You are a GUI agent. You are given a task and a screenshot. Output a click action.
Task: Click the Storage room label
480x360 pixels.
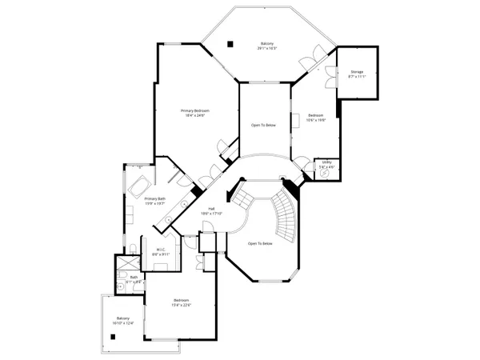pyautogui.click(x=357, y=72)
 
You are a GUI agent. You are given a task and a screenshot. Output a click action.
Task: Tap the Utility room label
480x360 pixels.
pyautogui.click(x=326, y=162)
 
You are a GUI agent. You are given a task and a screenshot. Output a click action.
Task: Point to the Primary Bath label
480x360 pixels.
pyautogui.click(x=155, y=198)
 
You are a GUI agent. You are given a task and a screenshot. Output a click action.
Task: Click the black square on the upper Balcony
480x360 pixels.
pyautogui.click(x=230, y=43)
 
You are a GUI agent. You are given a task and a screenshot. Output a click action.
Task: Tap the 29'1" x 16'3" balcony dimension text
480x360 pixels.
pyautogui.click(x=267, y=48)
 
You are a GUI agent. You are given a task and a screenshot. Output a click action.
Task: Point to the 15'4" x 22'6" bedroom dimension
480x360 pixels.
pyautogui.click(x=182, y=305)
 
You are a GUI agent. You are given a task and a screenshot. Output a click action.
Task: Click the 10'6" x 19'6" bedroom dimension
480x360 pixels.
pyautogui.click(x=315, y=121)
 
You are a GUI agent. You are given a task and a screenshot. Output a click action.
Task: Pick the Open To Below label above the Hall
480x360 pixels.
pyautogui.click(x=264, y=125)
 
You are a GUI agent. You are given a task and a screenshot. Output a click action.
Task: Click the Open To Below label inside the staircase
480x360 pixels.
pyautogui.click(x=260, y=243)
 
